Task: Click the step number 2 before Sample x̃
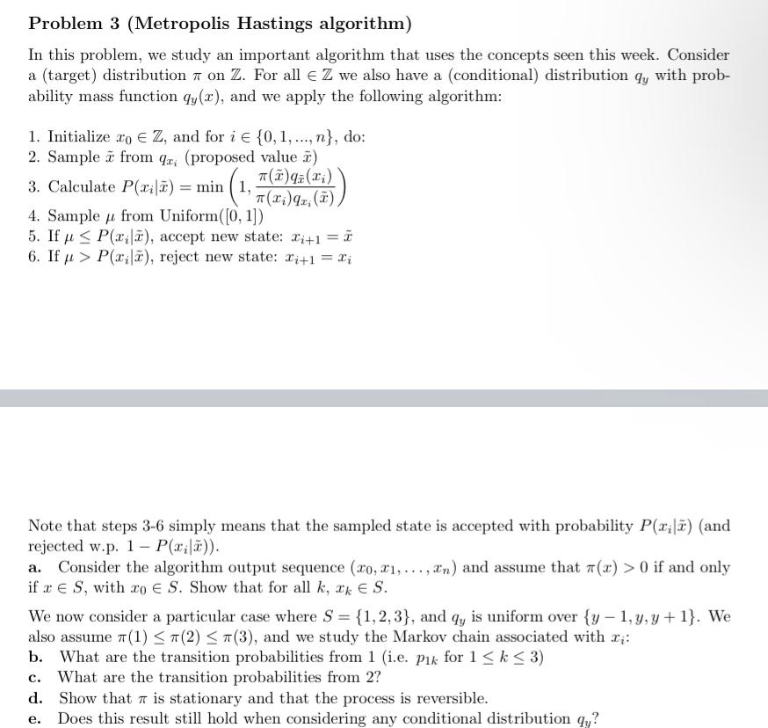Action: pyautogui.click(x=33, y=157)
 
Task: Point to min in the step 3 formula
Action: pyautogui.click(x=209, y=186)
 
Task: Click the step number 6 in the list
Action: pyautogui.click(x=33, y=257)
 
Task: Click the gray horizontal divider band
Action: pyautogui.click(x=384, y=398)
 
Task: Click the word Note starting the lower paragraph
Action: pyautogui.click(x=46, y=526)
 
